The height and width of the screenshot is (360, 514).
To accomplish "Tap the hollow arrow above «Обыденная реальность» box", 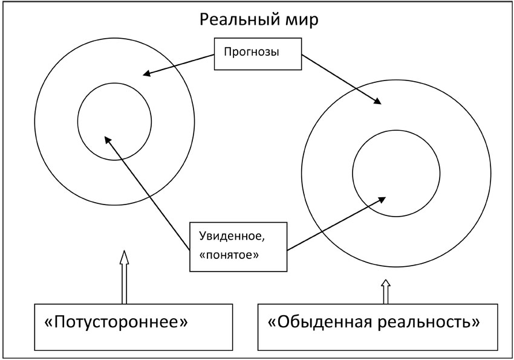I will click(385, 291).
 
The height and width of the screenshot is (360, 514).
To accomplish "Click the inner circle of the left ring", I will click(114, 121).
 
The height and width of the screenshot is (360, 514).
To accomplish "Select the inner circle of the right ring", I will click(396, 172).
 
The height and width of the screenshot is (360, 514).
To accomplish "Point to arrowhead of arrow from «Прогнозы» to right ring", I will click(379, 103).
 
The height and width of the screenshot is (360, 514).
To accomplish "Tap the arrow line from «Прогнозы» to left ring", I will click(180, 65).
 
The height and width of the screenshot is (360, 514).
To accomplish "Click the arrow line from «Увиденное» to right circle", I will click(336, 223).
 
